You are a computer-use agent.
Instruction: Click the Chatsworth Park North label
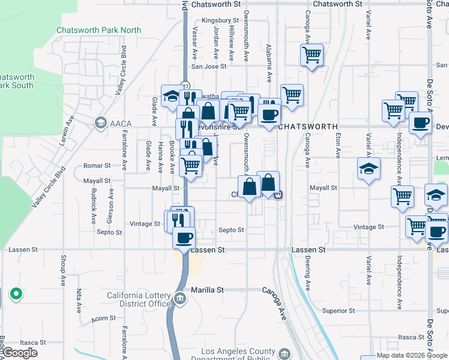pos(99,30)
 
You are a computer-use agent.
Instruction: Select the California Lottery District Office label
pos(139,299)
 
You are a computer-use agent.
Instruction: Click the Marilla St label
pos(207,290)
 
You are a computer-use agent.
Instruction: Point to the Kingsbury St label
pos(217,20)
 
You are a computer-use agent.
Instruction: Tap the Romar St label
pos(97,165)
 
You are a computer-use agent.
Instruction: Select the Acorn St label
pos(99,319)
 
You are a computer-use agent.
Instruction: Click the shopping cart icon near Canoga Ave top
pos(312,56)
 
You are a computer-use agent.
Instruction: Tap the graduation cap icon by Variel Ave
pos(369,168)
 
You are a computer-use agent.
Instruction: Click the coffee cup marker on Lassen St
pos(184,238)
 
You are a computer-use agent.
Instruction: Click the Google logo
pos(19,353)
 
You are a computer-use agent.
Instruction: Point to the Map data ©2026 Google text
pos(411,355)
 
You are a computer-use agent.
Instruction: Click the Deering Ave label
pos(309,274)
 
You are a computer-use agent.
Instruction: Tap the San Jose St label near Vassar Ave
pos(208,67)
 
